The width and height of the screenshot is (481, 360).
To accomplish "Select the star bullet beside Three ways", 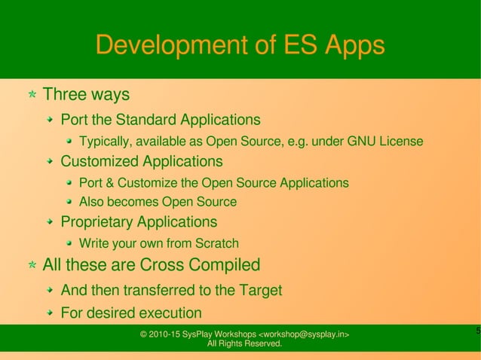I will [x=32, y=96].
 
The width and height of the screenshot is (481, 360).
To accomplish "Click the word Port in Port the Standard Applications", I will [x=73, y=120].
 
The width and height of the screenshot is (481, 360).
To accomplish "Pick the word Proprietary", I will [x=97, y=222].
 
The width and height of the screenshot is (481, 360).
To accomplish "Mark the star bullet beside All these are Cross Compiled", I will [x=32, y=266].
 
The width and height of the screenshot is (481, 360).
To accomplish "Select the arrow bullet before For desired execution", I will [x=49, y=313].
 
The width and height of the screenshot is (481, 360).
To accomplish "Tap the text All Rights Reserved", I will [x=244, y=344].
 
